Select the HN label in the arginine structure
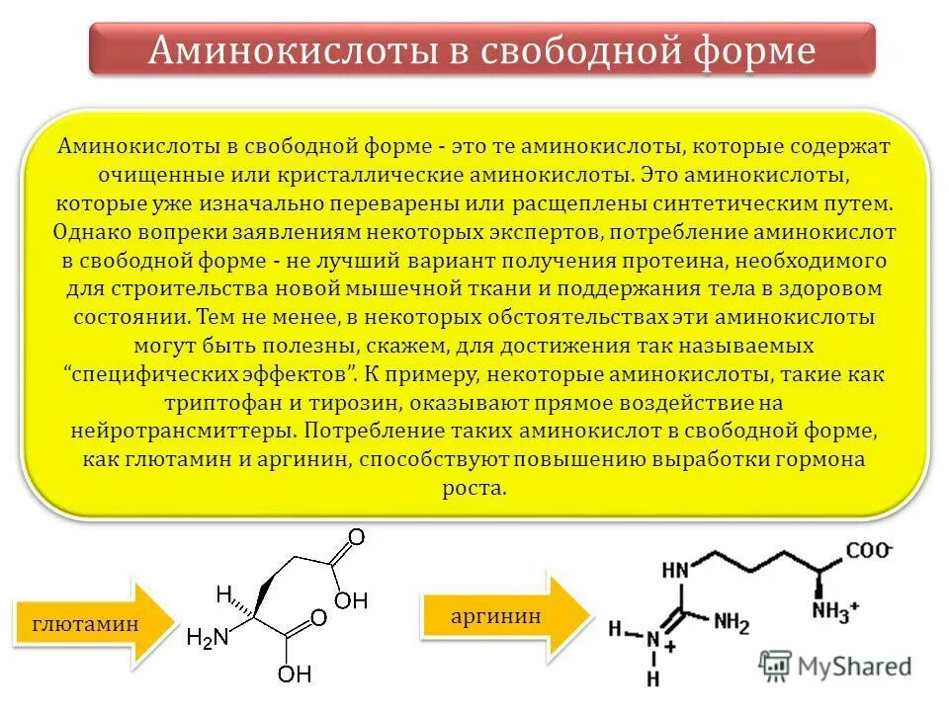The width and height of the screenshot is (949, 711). (676, 571)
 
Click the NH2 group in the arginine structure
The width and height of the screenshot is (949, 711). (733, 624)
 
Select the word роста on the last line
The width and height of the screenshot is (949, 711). (474, 489)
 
